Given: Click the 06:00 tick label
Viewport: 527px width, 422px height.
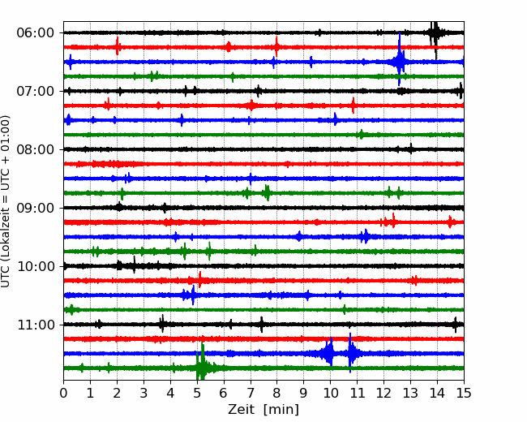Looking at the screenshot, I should tap(35, 32).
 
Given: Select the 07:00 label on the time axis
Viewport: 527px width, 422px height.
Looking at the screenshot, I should tap(35, 91).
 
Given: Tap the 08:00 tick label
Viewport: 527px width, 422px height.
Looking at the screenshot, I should tap(35, 149).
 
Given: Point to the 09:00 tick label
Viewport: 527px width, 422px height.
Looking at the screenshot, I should tap(35, 208).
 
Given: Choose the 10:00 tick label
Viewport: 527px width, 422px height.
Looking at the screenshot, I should tap(35, 266).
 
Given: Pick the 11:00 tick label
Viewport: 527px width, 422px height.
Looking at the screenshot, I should tap(35, 325).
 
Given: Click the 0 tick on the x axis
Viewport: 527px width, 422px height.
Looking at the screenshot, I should tap(64, 394).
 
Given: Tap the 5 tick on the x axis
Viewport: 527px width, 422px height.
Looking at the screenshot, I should tap(197, 394).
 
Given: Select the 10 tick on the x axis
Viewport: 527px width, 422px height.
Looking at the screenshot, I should tap(330, 394).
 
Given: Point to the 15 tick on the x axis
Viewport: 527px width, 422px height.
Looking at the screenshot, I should tap(463, 394).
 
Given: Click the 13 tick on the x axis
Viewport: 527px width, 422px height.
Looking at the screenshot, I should tap(410, 394).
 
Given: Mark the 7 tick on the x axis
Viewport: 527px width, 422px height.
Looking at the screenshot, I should tap(251, 394).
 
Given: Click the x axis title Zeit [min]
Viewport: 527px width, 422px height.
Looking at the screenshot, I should tap(263, 410).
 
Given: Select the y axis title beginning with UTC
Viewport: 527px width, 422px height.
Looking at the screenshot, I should tap(6, 201).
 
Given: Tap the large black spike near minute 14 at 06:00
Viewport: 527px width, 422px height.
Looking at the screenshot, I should tap(435, 32).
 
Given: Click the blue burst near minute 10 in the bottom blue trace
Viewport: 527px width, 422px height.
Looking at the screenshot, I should tap(328, 353).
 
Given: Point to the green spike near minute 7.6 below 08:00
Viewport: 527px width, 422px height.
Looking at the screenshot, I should tap(267, 192).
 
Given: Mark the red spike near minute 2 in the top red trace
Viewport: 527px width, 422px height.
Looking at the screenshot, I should tap(118, 47).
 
